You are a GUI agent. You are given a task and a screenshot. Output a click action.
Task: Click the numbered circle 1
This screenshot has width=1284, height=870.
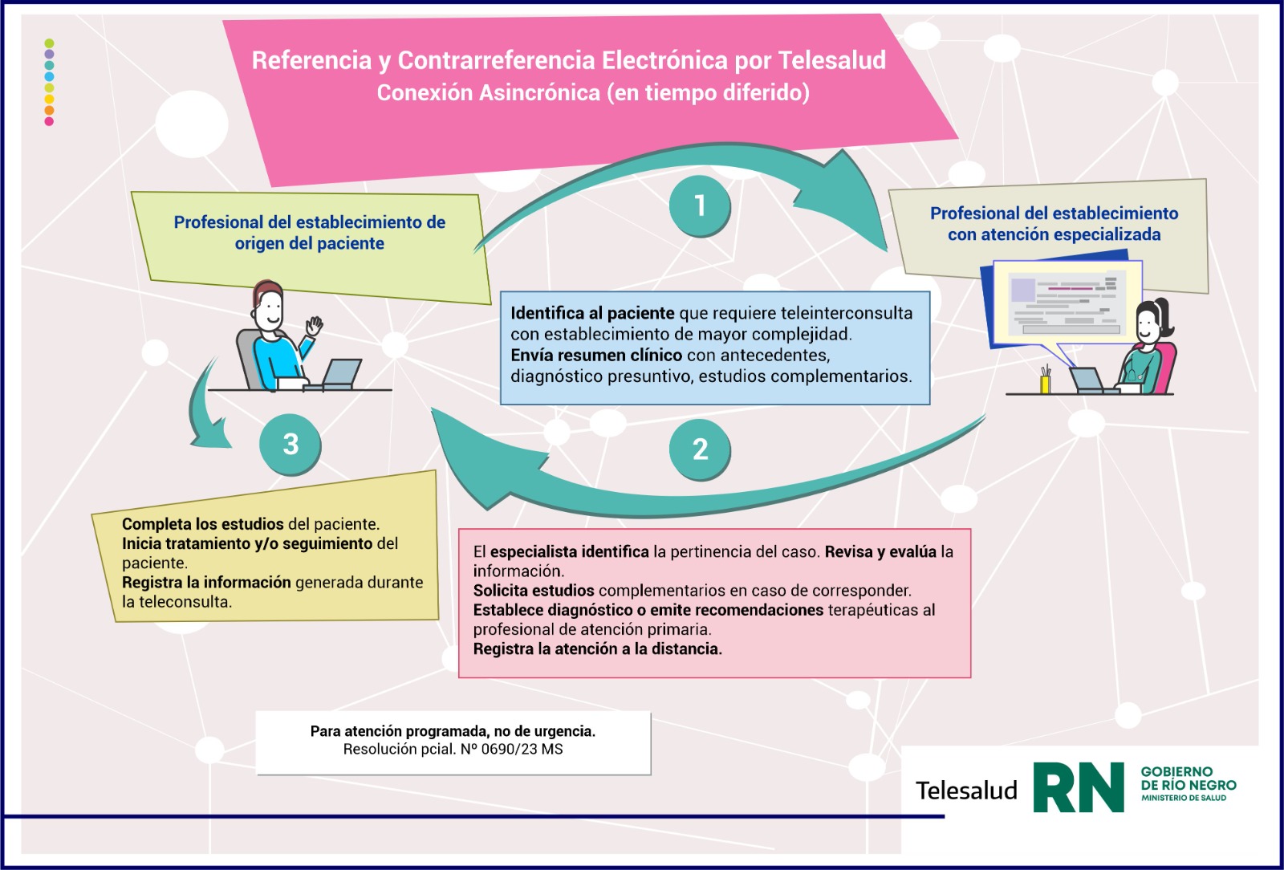(x=700, y=205)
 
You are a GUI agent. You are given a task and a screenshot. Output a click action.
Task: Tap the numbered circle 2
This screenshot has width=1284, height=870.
(x=700, y=449)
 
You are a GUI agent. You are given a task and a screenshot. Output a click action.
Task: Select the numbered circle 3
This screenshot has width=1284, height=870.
(x=291, y=444)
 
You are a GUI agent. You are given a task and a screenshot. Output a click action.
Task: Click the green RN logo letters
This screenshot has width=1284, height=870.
(x=1078, y=787)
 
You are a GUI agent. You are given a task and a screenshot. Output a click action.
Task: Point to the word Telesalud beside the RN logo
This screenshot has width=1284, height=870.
(x=966, y=791)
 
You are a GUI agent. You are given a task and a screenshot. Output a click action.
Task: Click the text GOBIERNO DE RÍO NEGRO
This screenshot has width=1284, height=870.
(x=1188, y=779)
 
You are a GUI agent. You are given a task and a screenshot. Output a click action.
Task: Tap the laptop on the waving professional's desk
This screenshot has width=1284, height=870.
(x=341, y=374)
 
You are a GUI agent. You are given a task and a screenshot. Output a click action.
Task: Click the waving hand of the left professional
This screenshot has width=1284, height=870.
(x=313, y=326)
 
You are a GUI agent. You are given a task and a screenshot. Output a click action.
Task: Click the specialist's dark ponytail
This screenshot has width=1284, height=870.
(x=1164, y=318)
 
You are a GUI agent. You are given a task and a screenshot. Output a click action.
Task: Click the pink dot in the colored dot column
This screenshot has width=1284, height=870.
(x=49, y=121)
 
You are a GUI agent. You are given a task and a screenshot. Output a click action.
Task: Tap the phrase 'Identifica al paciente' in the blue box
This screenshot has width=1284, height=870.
(x=592, y=313)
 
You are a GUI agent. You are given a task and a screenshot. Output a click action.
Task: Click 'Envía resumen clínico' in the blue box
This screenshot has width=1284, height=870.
(x=596, y=355)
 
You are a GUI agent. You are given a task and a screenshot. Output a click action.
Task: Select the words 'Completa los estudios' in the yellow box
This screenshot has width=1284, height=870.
(x=202, y=524)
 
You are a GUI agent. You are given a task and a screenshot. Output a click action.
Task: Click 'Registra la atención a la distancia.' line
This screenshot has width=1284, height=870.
(x=597, y=648)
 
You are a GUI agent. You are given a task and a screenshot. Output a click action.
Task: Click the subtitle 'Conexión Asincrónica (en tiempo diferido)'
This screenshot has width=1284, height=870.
(x=593, y=93)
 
